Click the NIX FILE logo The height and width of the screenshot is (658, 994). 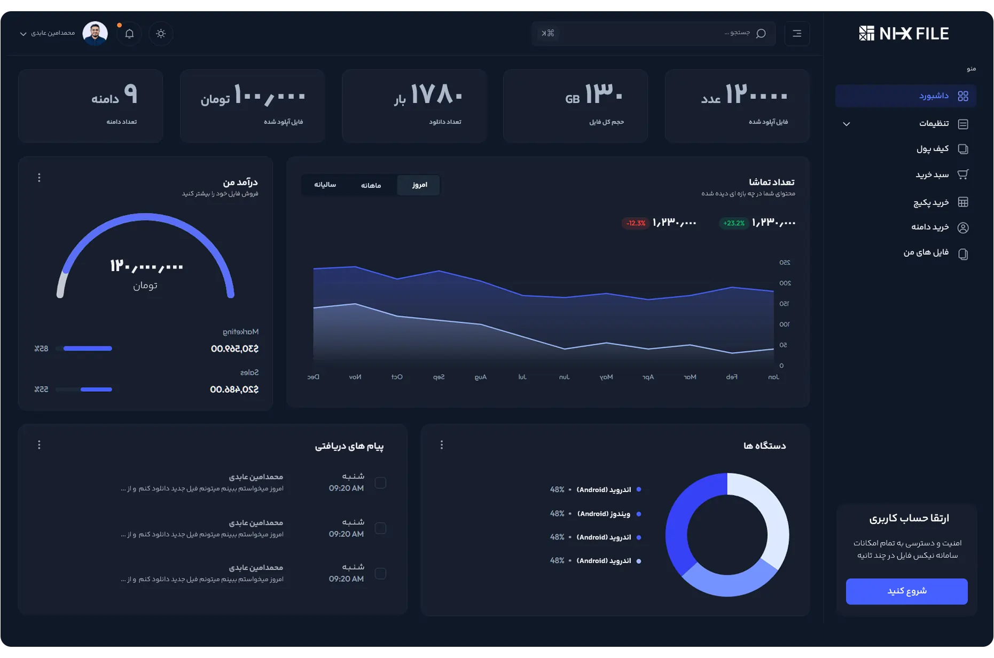click(x=904, y=34)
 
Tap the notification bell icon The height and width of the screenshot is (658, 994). click(x=129, y=34)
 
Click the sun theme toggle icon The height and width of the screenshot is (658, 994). click(x=161, y=34)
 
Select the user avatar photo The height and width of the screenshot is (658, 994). click(x=95, y=33)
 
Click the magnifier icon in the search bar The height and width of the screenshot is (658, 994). click(x=761, y=34)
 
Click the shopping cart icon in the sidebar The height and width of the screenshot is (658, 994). click(x=963, y=175)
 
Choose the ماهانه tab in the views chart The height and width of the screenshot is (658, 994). click(x=371, y=185)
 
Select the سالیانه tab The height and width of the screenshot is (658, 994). click(x=325, y=185)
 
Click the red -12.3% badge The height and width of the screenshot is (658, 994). click(x=636, y=223)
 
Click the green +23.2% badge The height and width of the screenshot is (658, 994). click(x=734, y=223)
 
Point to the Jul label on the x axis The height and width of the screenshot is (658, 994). click(x=522, y=377)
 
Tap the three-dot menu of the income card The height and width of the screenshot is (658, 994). click(x=39, y=178)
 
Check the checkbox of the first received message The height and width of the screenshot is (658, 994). click(x=380, y=483)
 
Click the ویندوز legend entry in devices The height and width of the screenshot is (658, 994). click(x=604, y=514)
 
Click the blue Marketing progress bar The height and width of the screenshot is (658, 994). click(x=88, y=348)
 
